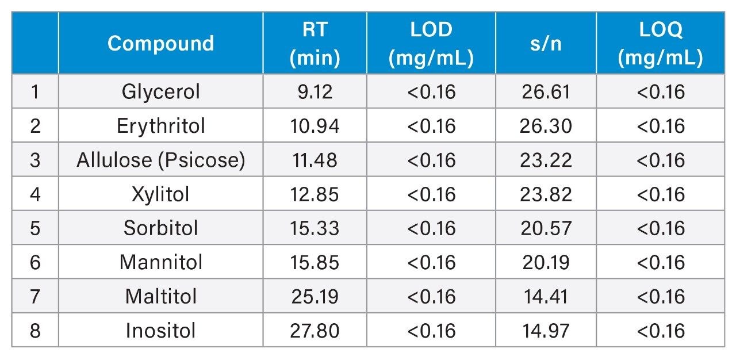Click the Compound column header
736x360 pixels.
point(160,44)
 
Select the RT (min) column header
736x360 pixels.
point(315,44)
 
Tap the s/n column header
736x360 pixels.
point(545,44)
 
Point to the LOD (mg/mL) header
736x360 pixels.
point(431,44)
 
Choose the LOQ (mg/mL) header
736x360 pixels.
point(661,44)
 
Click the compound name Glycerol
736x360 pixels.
point(160,91)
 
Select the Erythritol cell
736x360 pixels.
point(160,126)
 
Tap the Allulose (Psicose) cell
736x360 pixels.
point(160,160)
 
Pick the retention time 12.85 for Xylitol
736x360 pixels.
point(315,194)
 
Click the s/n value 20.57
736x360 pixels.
point(545,228)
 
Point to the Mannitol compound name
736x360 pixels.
point(160,262)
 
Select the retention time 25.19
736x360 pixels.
point(315,297)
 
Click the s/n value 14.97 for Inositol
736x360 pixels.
point(545,331)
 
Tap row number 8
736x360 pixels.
point(35,331)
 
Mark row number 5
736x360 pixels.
point(35,228)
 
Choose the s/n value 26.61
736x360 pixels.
point(545,91)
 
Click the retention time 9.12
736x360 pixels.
point(315,91)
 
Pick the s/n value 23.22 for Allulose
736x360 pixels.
point(545,160)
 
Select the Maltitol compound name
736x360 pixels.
point(160,297)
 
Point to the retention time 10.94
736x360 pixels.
point(315,126)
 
